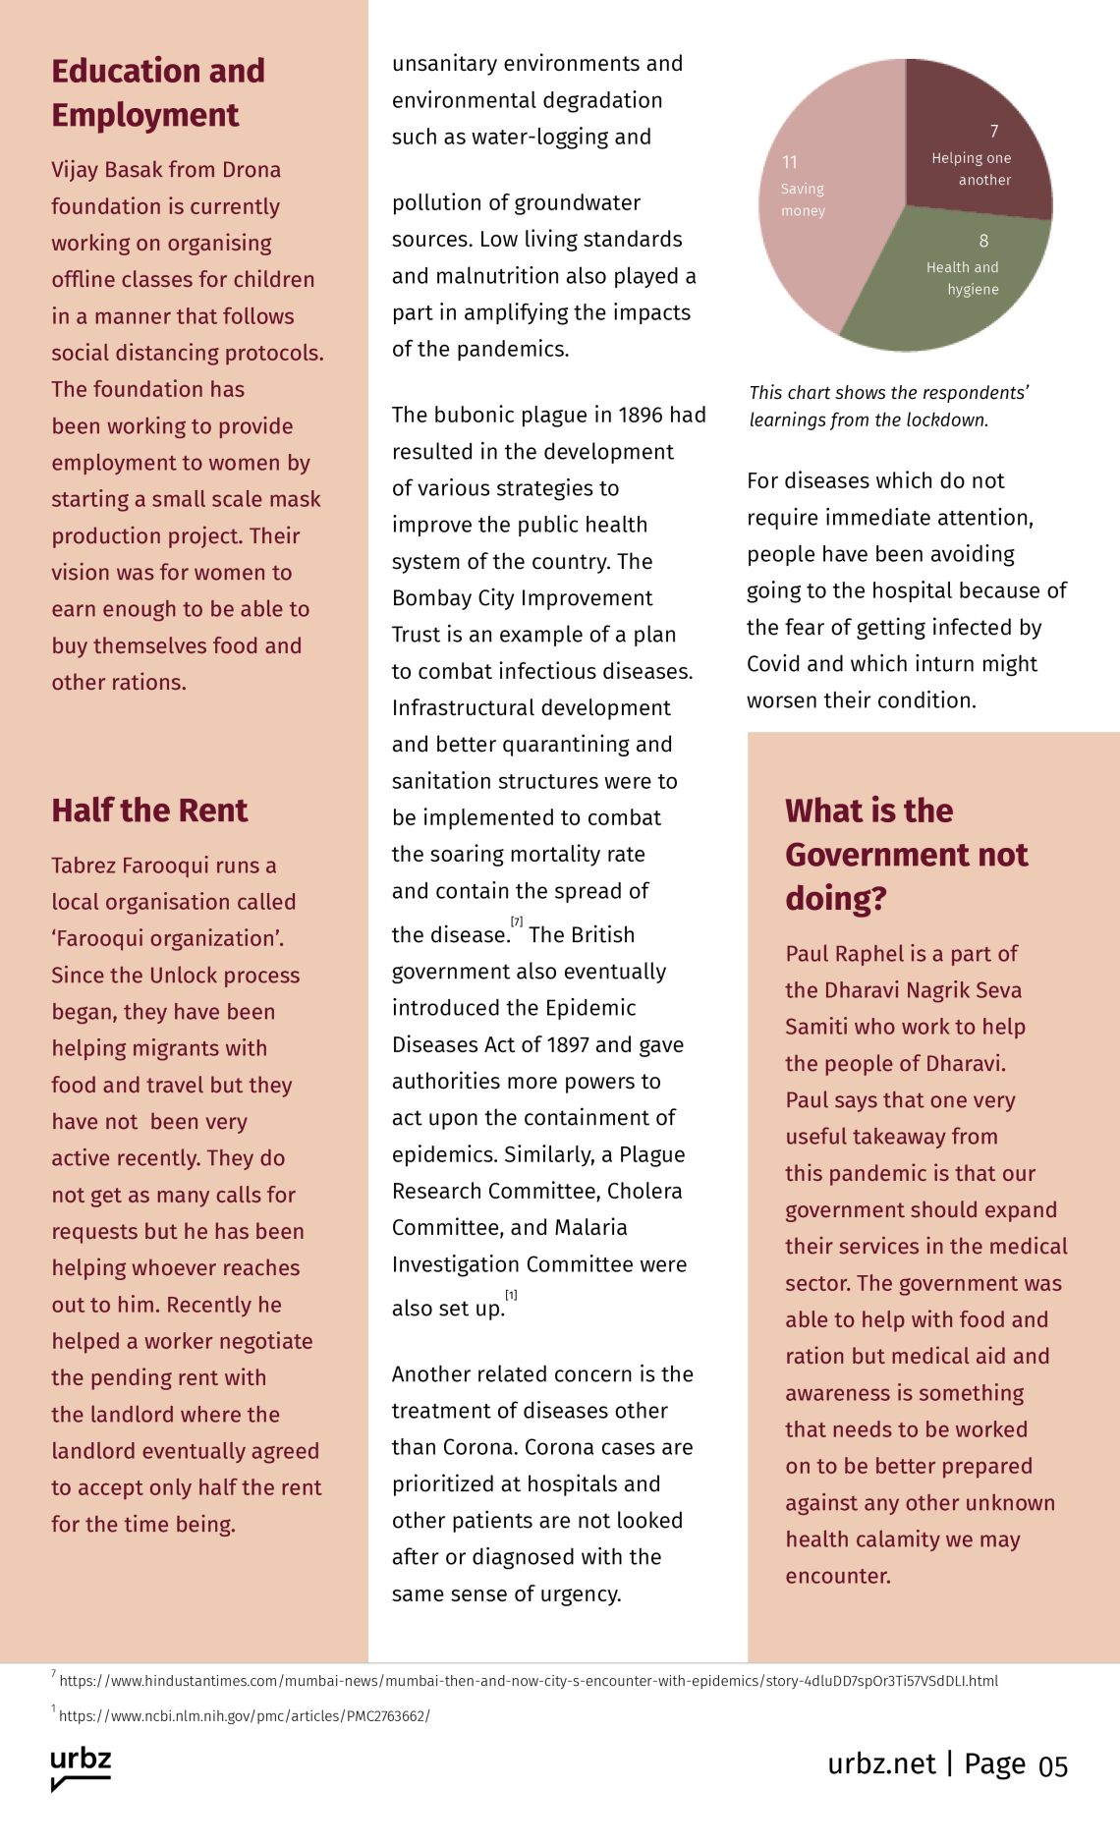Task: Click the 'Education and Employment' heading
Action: point(158,92)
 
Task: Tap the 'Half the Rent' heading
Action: point(149,811)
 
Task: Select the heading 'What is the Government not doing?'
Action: point(906,854)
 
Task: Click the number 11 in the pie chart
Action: point(790,162)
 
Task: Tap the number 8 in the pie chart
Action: point(983,241)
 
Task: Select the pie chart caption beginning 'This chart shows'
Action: point(888,406)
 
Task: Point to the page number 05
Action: point(1052,1766)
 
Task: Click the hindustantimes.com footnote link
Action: point(528,1681)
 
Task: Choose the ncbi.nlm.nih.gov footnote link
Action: point(244,1716)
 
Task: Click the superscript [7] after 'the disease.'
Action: point(517,922)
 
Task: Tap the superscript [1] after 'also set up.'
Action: point(511,1295)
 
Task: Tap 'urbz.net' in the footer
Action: point(881,1764)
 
